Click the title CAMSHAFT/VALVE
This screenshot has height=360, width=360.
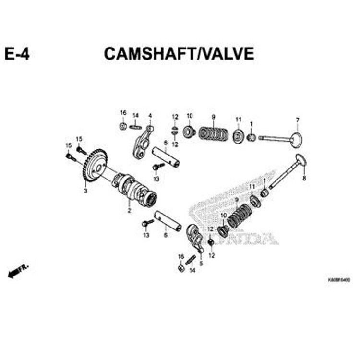click(179, 54)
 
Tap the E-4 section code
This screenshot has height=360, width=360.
click(17, 54)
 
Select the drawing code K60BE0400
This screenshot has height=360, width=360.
click(339, 279)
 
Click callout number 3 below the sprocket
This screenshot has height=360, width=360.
click(85, 191)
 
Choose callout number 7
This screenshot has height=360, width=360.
click(297, 120)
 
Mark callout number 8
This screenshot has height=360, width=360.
click(304, 179)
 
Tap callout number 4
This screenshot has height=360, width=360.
click(150, 116)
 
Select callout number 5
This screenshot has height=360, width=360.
click(201, 263)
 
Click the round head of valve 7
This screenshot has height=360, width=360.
click(297, 140)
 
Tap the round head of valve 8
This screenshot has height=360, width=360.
click(301, 160)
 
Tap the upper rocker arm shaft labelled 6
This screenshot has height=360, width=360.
click(166, 156)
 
